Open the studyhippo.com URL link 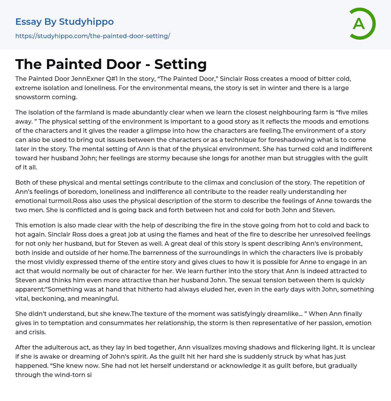click(92, 36)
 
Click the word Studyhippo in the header click(86, 22)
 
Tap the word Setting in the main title click(180, 64)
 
